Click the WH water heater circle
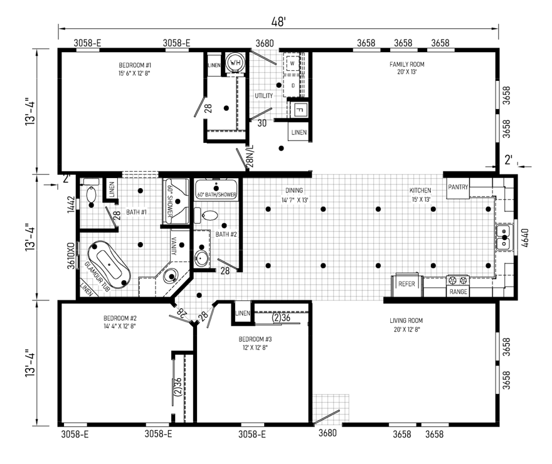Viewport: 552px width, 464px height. point(235,63)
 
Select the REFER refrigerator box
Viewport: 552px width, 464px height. point(407,284)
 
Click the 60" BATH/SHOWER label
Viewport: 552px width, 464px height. point(216,195)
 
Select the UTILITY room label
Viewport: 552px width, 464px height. point(263,95)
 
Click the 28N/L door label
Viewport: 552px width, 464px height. point(250,157)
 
